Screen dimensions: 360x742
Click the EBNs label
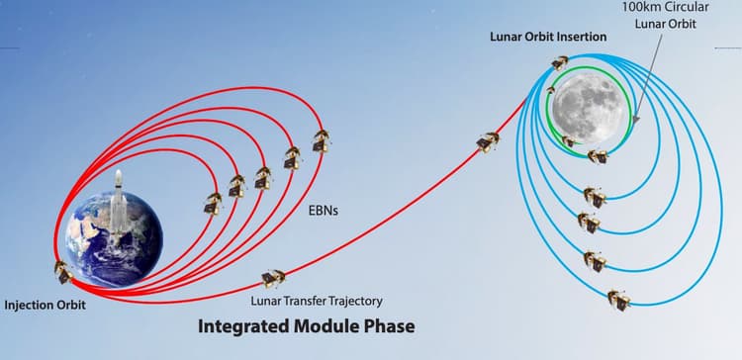coord(322,213)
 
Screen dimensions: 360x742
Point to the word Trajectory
coord(348,301)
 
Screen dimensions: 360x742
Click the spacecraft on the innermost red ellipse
coord(212,203)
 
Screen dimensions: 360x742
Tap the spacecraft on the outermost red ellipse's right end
coord(320,141)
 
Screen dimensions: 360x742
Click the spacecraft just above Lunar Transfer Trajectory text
coord(271,279)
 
